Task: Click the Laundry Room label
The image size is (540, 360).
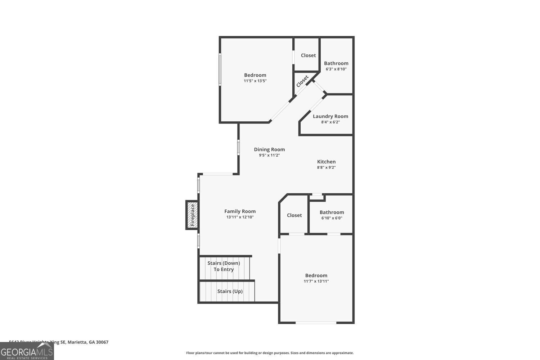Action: (330, 116)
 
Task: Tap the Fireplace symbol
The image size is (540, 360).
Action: (192, 215)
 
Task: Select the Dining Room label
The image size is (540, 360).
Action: (269, 149)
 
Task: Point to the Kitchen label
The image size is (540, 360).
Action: (326, 162)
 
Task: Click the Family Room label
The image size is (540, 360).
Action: (240, 211)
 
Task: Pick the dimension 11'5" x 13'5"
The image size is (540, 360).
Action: (255, 81)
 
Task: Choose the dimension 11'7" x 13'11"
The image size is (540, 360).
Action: (316, 281)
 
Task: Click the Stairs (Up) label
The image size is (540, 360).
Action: (230, 291)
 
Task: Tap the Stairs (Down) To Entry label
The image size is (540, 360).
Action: (224, 266)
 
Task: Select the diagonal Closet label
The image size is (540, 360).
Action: (302, 81)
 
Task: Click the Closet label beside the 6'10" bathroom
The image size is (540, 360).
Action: (294, 215)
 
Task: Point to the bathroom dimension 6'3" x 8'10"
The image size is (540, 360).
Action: (336, 69)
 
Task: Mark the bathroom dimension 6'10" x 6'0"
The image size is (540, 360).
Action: (332, 218)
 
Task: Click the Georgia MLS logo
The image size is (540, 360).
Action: (27, 351)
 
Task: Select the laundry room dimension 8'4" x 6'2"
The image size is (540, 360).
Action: (330, 122)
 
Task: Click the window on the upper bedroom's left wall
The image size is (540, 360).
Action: (220, 69)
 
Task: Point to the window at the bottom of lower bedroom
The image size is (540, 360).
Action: (316, 323)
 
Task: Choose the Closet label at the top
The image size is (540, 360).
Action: (308, 55)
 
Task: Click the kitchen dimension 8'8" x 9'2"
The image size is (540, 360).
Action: (326, 167)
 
